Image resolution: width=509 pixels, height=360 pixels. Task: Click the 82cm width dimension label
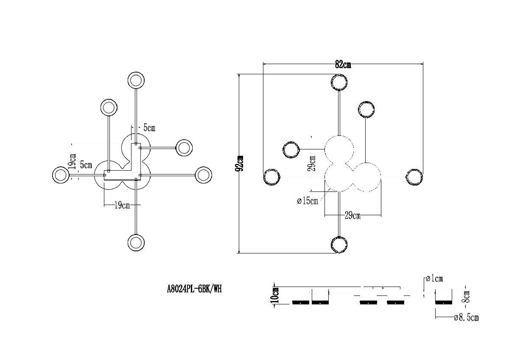click(343, 65)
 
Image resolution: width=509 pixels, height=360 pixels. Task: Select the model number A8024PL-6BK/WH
click(194, 289)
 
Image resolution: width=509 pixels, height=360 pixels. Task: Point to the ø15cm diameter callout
click(308, 201)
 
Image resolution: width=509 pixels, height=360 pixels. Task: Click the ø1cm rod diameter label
click(433, 279)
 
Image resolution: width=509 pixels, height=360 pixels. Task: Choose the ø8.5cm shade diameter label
click(466, 317)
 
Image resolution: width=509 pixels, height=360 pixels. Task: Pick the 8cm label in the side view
click(466, 296)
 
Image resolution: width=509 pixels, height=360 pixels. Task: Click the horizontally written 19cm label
click(122, 206)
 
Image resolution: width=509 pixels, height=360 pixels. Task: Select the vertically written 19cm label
click(73, 162)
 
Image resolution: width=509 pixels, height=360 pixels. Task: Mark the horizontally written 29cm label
click(352, 216)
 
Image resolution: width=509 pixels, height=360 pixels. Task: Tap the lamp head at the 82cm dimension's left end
click(271, 177)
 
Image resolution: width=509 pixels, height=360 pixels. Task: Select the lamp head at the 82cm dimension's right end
click(414, 177)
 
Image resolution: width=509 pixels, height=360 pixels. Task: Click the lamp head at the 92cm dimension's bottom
click(339, 245)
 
